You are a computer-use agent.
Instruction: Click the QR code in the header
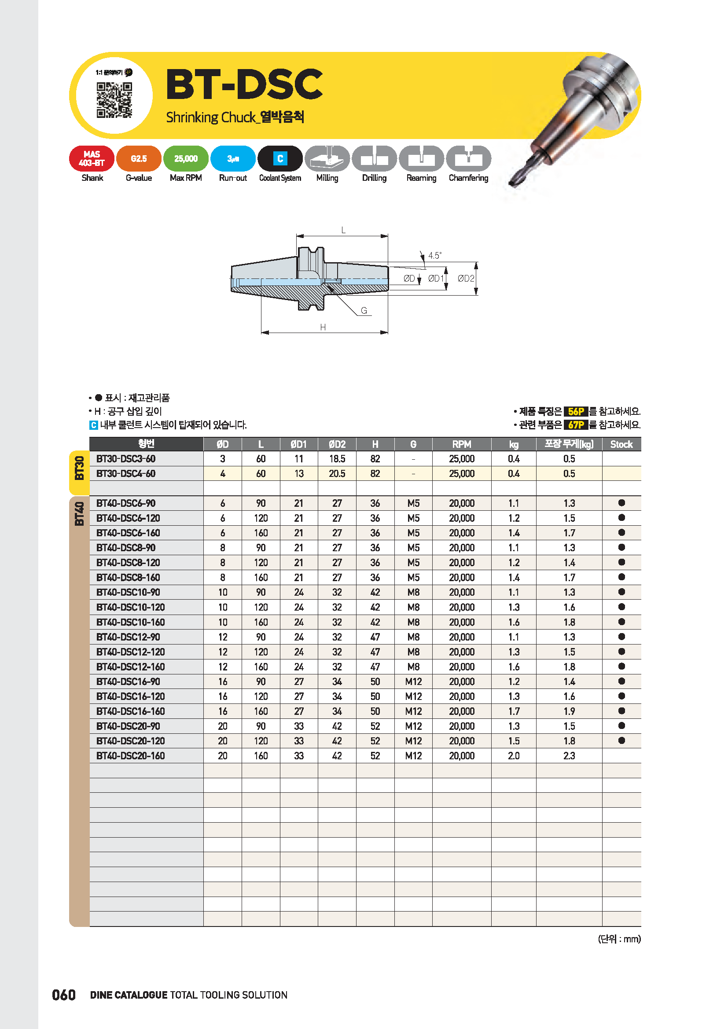[x=114, y=100]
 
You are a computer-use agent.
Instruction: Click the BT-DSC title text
[x=244, y=84]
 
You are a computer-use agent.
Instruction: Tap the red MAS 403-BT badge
[x=92, y=159]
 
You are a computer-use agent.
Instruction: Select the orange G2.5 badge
[x=139, y=159]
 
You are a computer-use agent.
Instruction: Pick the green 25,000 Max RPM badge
[x=186, y=159]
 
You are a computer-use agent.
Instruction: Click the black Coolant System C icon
[x=280, y=159]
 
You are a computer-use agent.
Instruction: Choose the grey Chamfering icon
[x=468, y=159]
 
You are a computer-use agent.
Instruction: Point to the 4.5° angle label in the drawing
[x=435, y=256]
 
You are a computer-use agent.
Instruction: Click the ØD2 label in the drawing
[x=466, y=278]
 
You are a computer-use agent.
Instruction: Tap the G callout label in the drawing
[x=364, y=311]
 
